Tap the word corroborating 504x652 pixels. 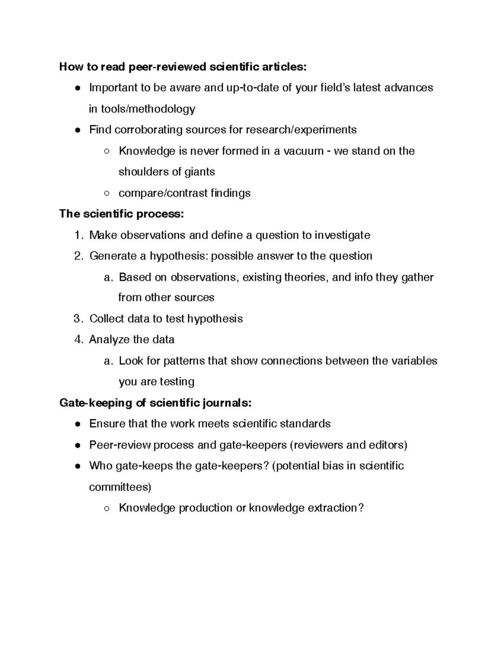(x=148, y=130)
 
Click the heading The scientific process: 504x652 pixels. (x=121, y=214)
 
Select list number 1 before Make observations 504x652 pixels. (x=78, y=235)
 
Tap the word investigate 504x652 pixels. (x=342, y=235)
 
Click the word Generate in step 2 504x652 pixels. (x=113, y=256)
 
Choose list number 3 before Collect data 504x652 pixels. (x=78, y=319)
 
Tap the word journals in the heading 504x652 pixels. (x=226, y=403)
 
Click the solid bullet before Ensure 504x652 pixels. (x=78, y=424)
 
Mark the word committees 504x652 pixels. (x=120, y=487)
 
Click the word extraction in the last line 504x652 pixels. (x=335, y=508)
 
